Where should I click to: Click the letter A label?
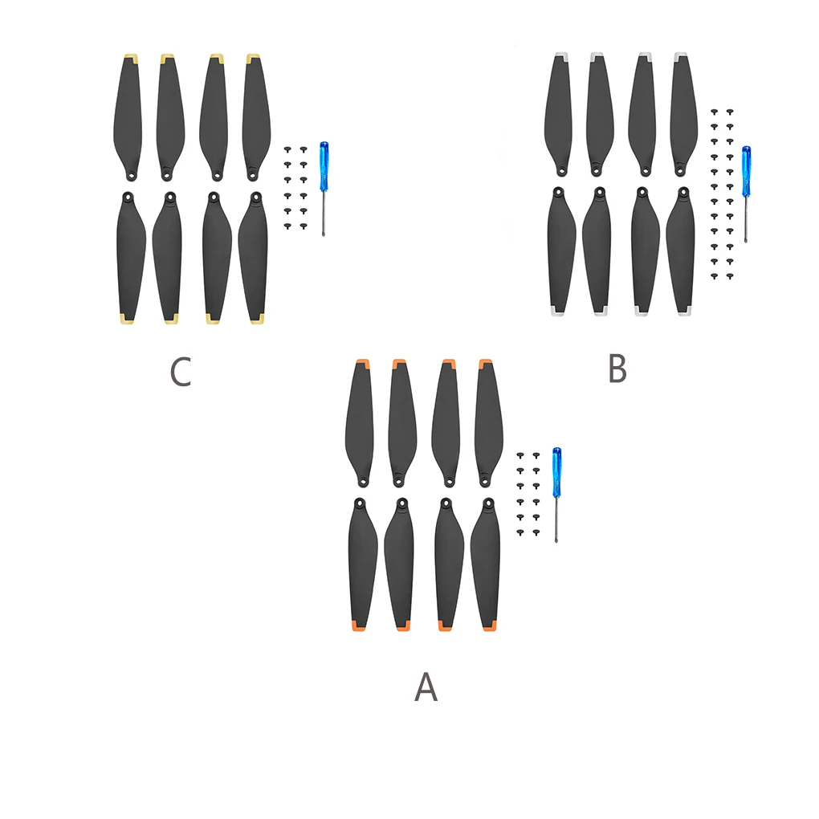426,687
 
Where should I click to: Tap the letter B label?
617,369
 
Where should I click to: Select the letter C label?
181,373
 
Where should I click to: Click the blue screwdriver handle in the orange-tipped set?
556,472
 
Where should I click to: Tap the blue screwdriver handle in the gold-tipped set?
324,166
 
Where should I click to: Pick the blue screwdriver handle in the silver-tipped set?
746,171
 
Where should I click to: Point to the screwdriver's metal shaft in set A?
556,522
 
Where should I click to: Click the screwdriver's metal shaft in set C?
324,214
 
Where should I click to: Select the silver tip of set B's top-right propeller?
681,56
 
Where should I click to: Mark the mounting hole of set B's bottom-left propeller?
559,192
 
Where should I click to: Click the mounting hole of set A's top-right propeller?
484,480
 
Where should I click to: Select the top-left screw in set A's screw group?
520,455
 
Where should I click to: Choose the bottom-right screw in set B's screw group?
730,276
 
